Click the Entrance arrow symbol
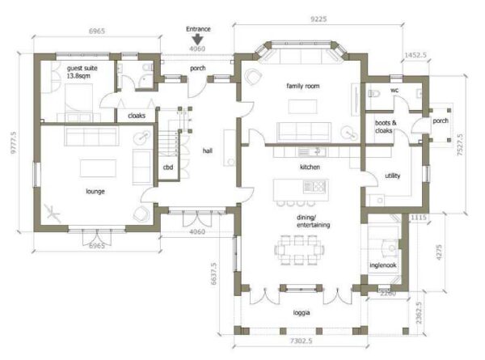tap(197, 40)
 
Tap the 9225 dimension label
tap(318, 19)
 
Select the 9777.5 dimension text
tap(13, 142)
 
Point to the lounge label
tap(95, 191)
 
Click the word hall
tap(208, 150)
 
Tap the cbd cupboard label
tap(168, 167)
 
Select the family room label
tap(303, 86)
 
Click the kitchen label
tap(310, 167)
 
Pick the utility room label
tap(393, 176)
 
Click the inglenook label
tap(383, 265)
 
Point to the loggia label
tap(302, 313)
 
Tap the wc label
tap(394, 90)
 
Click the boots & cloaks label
tap(386, 126)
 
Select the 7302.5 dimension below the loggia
tap(301, 341)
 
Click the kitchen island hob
tap(315, 186)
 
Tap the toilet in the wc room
tap(374, 93)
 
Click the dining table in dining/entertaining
tap(299, 250)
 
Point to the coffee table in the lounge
tap(98, 168)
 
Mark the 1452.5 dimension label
tap(415, 55)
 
